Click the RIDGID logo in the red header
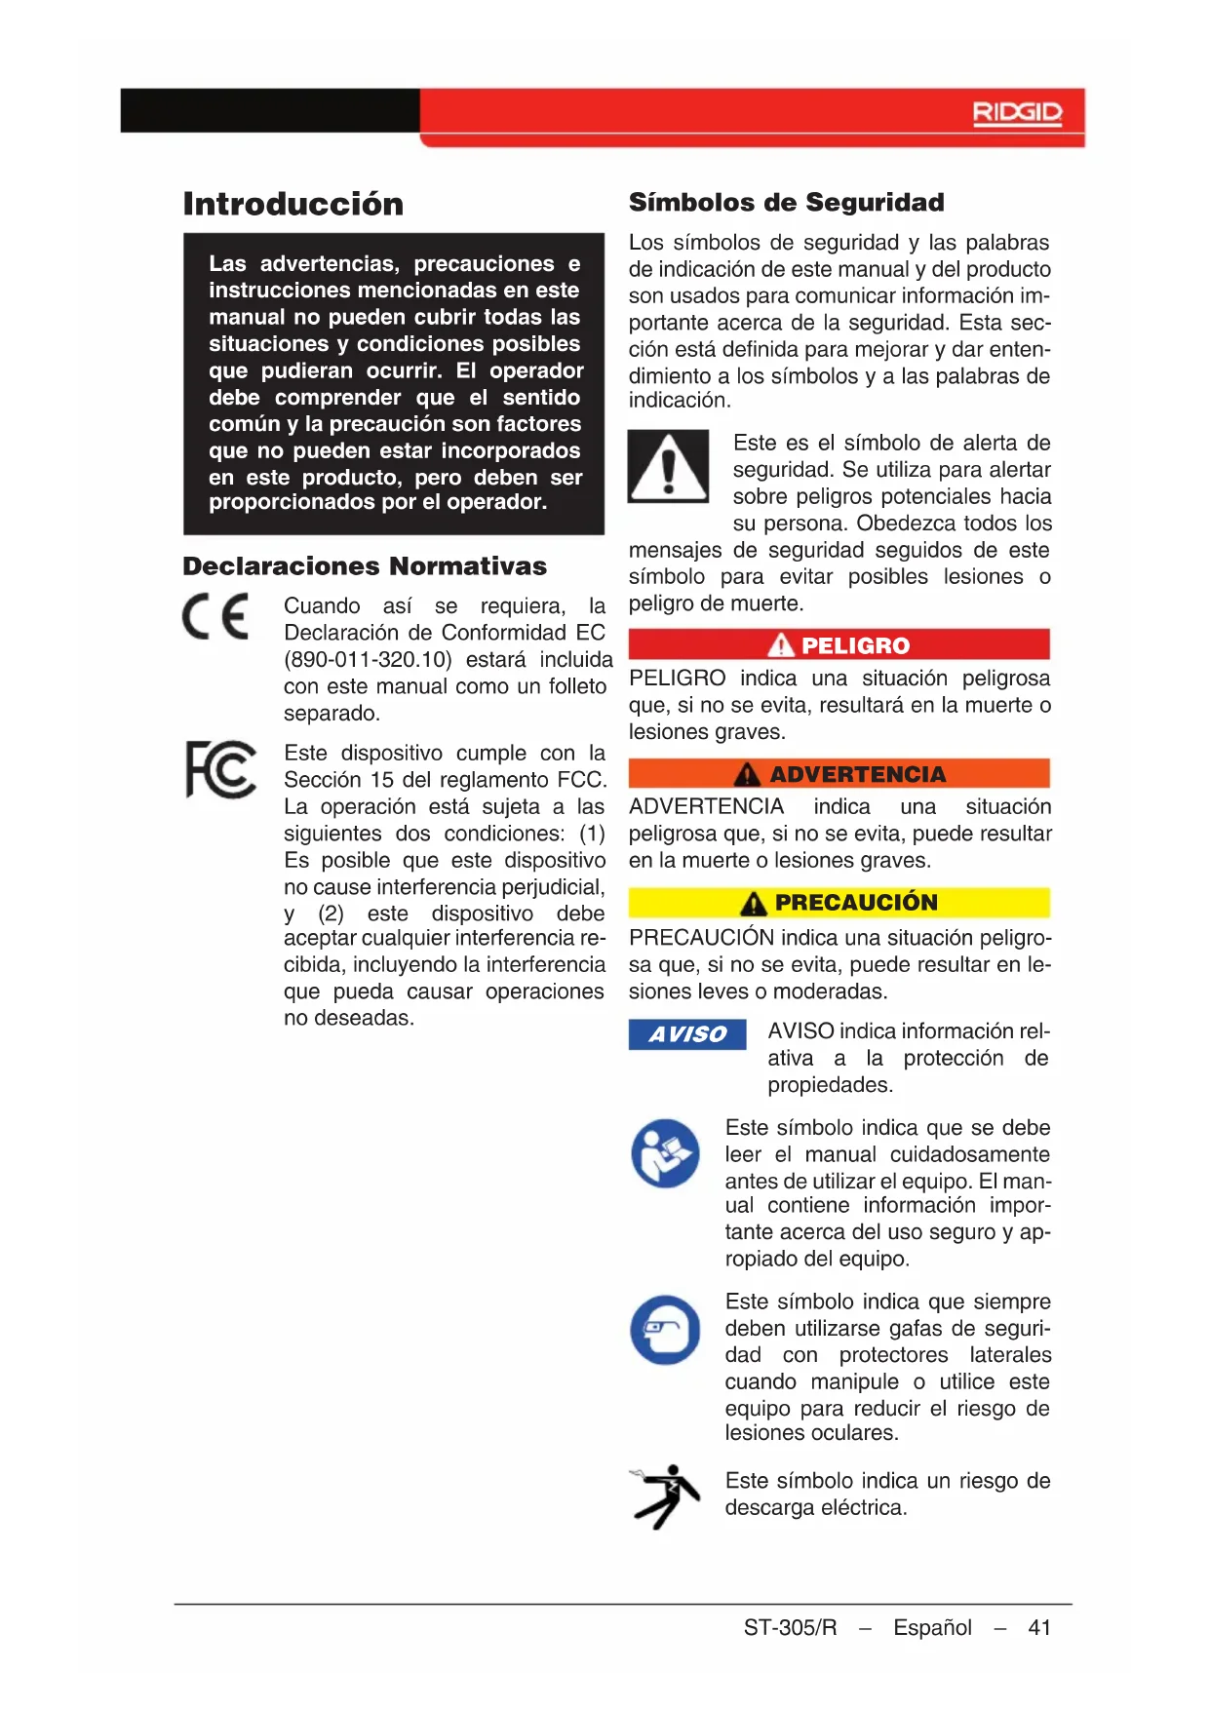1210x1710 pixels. (x=1017, y=113)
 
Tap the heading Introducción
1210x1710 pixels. (x=293, y=204)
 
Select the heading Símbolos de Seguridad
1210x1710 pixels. (x=786, y=202)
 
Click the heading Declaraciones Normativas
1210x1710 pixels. (x=365, y=566)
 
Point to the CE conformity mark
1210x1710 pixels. (x=215, y=616)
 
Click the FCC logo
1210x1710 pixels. (x=221, y=769)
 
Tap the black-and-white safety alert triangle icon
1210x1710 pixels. (x=668, y=467)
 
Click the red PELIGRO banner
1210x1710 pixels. (x=839, y=644)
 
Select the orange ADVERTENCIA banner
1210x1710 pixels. (x=839, y=774)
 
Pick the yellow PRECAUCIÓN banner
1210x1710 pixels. (x=839, y=903)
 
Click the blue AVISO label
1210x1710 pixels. (x=687, y=1034)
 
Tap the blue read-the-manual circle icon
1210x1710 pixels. (x=665, y=1153)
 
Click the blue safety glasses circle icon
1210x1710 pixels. (x=665, y=1330)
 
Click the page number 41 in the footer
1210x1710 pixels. (x=1039, y=1627)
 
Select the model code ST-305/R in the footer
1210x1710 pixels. (x=790, y=1627)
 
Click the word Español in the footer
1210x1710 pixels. (x=932, y=1627)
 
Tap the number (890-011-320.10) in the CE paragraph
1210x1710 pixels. (x=368, y=660)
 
